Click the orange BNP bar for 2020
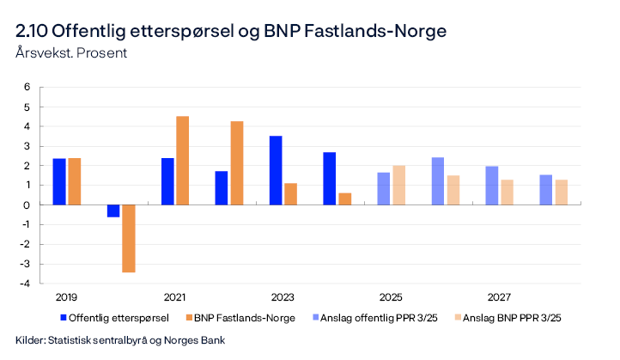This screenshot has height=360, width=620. click(x=129, y=238)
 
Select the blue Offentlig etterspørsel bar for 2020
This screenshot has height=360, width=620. click(x=113, y=211)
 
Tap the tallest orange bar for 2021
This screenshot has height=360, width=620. click(x=183, y=161)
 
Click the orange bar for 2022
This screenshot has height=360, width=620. click(x=237, y=163)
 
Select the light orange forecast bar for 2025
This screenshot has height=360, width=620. click(x=398, y=185)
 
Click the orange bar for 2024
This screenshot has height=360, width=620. click(x=344, y=198)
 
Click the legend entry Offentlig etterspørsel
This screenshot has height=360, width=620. click(x=113, y=318)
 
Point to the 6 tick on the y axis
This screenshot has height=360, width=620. click(x=27, y=87)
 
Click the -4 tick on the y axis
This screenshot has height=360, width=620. click(x=26, y=284)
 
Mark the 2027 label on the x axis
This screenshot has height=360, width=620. click(x=499, y=297)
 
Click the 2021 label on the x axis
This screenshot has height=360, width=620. click(x=174, y=297)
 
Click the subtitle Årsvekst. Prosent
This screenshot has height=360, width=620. click(x=71, y=52)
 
